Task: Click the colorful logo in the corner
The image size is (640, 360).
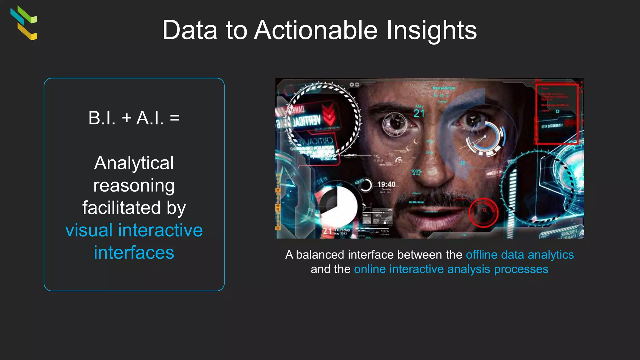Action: tap(24, 23)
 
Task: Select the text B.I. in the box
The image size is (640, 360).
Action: tap(102, 118)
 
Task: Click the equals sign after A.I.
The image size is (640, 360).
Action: tap(175, 118)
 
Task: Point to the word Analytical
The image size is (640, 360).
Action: tap(134, 163)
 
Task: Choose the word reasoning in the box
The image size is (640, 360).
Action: tap(134, 186)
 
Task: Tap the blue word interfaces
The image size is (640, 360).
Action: tap(134, 253)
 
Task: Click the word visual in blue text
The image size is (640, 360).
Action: tap(89, 230)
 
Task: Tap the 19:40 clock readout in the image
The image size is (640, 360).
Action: tap(386, 184)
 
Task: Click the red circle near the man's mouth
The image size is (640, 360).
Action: tap(483, 212)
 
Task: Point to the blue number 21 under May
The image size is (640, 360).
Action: tap(419, 113)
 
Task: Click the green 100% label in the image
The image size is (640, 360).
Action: tap(416, 171)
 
